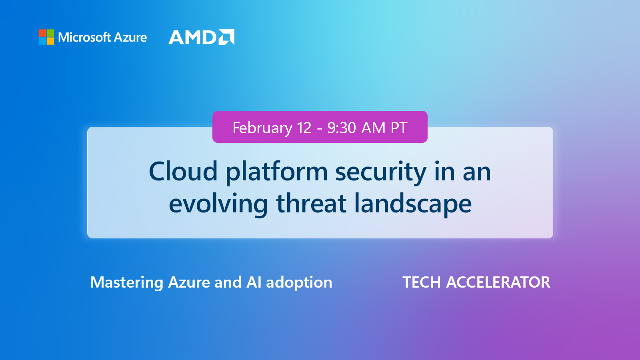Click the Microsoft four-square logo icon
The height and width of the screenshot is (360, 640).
tap(46, 37)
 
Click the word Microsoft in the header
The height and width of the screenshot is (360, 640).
tap(84, 37)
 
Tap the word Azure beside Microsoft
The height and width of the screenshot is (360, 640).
tap(130, 37)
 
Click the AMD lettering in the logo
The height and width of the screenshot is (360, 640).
tap(192, 38)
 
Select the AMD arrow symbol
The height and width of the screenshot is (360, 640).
tap(226, 37)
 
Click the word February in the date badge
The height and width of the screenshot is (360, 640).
tap(262, 128)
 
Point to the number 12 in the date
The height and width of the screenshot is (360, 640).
tap(304, 128)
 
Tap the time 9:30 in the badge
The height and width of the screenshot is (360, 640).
tap(342, 128)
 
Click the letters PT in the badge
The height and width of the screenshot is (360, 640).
tap(399, 128)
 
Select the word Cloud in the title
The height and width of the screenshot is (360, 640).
tap(183, 172)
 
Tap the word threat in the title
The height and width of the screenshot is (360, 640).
tap(311, 203)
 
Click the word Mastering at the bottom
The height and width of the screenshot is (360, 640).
tap(127, 282)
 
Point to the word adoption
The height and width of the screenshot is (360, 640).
tap(299, 282)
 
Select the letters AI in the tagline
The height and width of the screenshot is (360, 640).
tap(254, 282)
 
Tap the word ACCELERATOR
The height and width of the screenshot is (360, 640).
tap(498, 282)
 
